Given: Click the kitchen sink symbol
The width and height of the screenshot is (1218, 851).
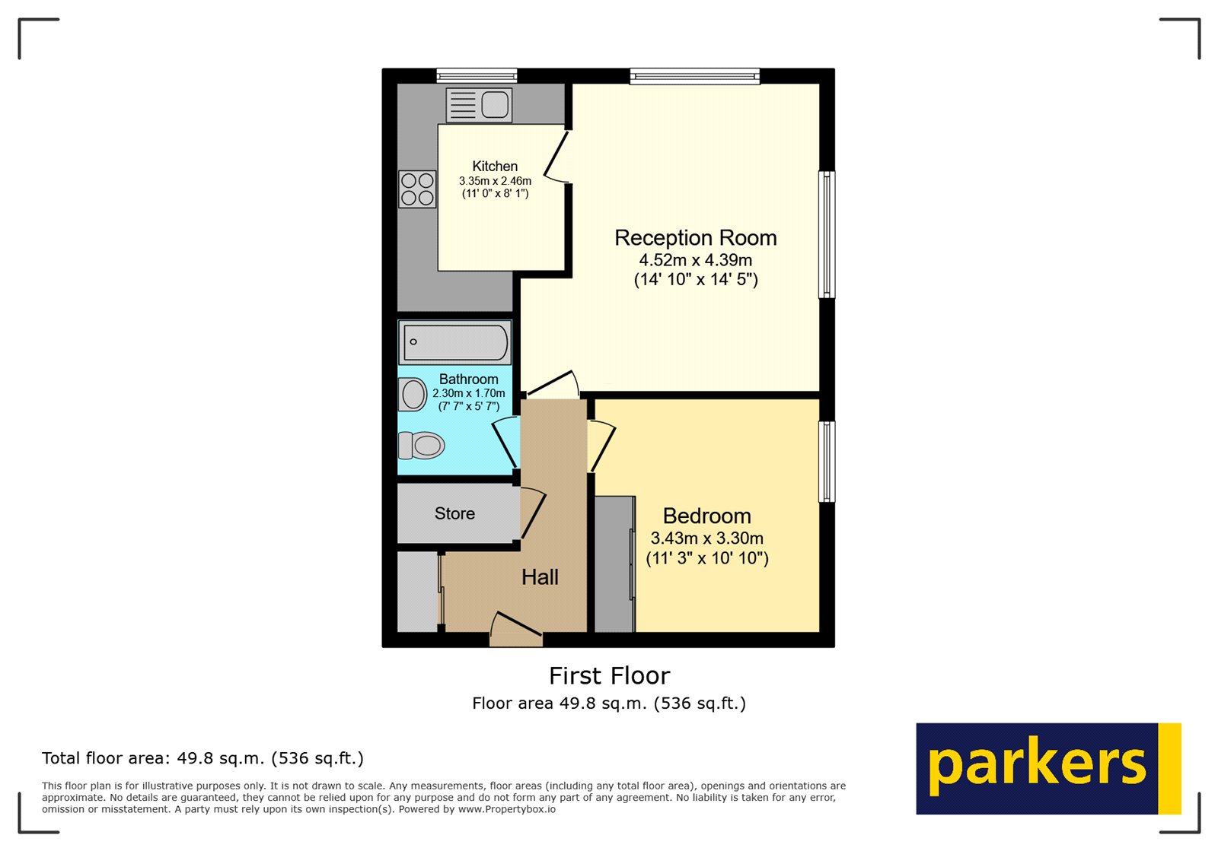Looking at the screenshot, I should click(479, 105).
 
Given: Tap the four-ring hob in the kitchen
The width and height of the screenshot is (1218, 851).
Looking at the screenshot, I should click(417, 189).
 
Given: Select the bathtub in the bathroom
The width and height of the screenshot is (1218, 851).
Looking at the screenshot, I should click(455, 342).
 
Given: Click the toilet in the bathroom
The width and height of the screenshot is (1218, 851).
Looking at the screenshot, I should click(421, 445).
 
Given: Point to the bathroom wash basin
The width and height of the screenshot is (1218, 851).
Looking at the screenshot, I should click(413, 395).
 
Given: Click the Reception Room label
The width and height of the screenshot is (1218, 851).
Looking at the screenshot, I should click(695, 238).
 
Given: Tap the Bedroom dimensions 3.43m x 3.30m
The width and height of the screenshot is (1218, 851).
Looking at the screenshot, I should click(706, 538).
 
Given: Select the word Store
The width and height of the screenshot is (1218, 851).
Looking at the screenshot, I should click(454, 514).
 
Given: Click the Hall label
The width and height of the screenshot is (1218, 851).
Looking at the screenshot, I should click(540, 577).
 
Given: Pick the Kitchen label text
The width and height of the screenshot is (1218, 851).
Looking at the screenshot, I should click(495, 167).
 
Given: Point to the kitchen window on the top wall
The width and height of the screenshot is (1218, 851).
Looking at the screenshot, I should click(477, 75).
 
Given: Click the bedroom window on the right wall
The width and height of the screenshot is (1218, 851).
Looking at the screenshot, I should click(827, 462).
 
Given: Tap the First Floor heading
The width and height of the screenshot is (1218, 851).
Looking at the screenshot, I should click(609, 675).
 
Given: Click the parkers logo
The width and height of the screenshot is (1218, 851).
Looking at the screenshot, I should click(1047, 768).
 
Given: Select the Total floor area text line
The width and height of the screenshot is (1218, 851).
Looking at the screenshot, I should click(202, 758).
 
